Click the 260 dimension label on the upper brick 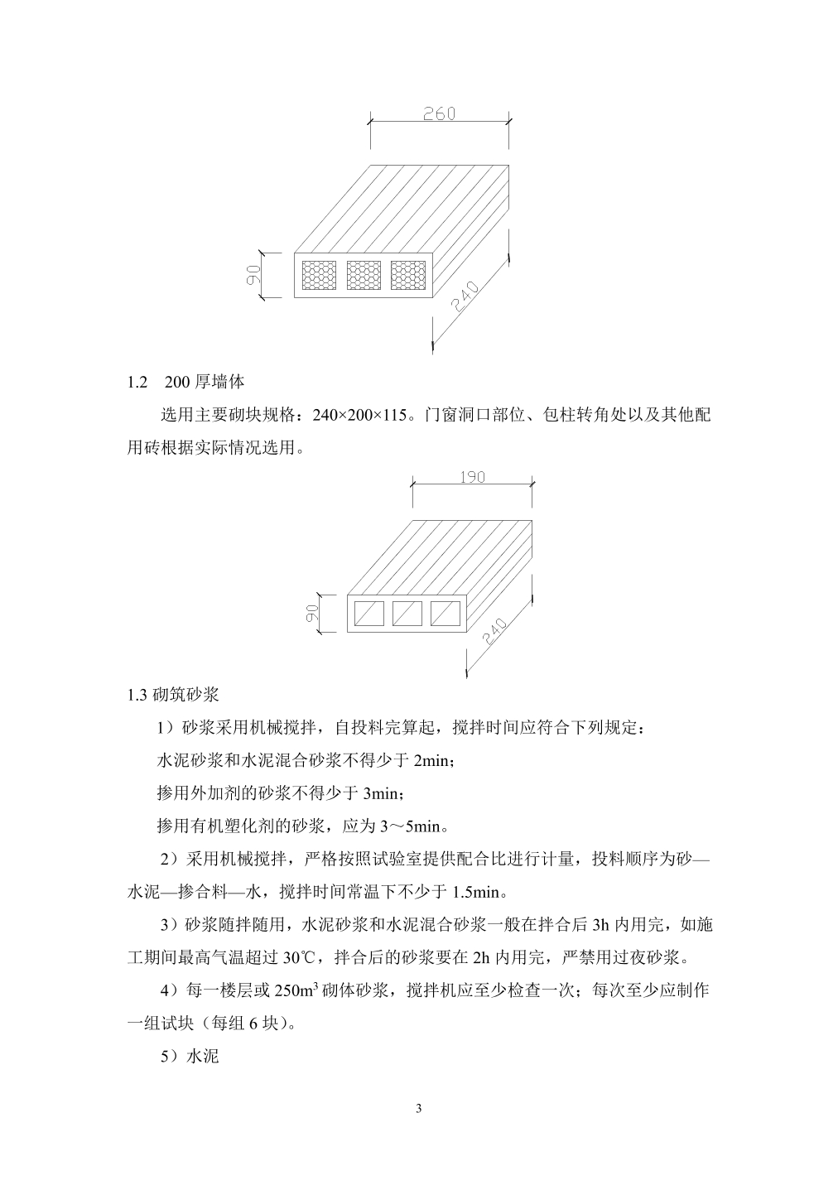[439, 113]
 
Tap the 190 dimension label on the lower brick [472, 477]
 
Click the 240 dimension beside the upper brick [465, 295]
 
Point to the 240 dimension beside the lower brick [495, 630]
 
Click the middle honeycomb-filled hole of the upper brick [364, 275]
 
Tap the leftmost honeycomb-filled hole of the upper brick [319, 275]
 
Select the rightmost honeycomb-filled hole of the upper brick [408, 275]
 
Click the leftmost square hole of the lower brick [369, 613]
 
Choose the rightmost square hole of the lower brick [445, 613]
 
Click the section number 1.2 [137, 382]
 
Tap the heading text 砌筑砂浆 [185, 695]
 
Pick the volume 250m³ [295, 990]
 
